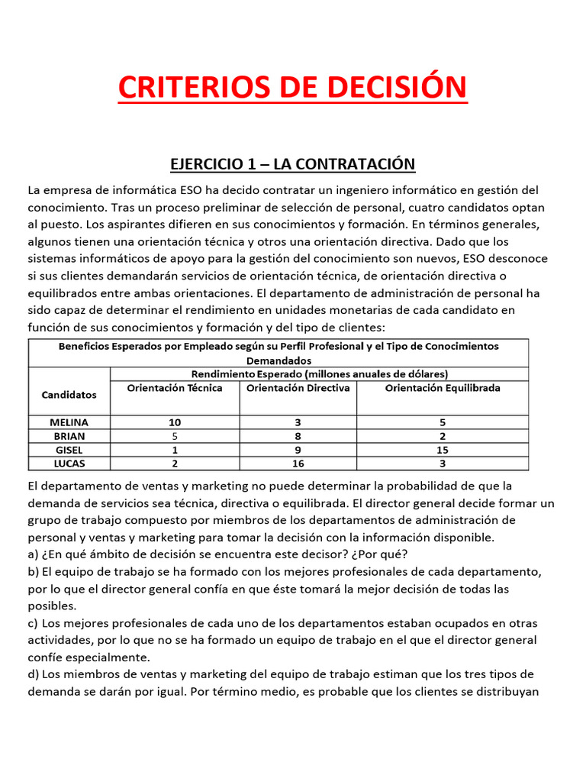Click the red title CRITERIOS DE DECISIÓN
pyautogui.click(x=292, y=87)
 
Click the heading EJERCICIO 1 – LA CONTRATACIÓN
pyautogui.click(x=292, y=163)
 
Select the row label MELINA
pyautogui.click(x=69, y=422)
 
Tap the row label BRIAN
pyautogui.click(x=69, y=436)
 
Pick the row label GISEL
pyautogui.click(x=69, y=450)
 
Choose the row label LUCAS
pyautogui.click(x=69, y=464)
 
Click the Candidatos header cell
pyautogui.click(x=69, y=395)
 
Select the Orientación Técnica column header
pyautogui.click(x=175, y=388)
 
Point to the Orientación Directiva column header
pyautogui.click(x=298, y=388)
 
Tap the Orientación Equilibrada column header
pyautogui.click(x=443, y=388)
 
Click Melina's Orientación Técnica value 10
pyautogui.click(x=175, y=422)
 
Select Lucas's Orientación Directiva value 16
pyautogui.click(x=298, y=464)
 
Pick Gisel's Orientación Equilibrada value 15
pyautogui.click(x=443, y=450)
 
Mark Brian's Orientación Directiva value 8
pyautogui.click(x=298, y=436)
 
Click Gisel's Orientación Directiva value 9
pyautogui.click(x=298, y=450)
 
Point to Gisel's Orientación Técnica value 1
pyautogui.click(x=175, y=450)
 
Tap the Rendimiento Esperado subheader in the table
pyautogui.click(x=319, y=374)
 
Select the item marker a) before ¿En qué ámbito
pyautogui.click(x=34, y=554)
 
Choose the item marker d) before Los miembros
pyautogui.click(x=34, y=674)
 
